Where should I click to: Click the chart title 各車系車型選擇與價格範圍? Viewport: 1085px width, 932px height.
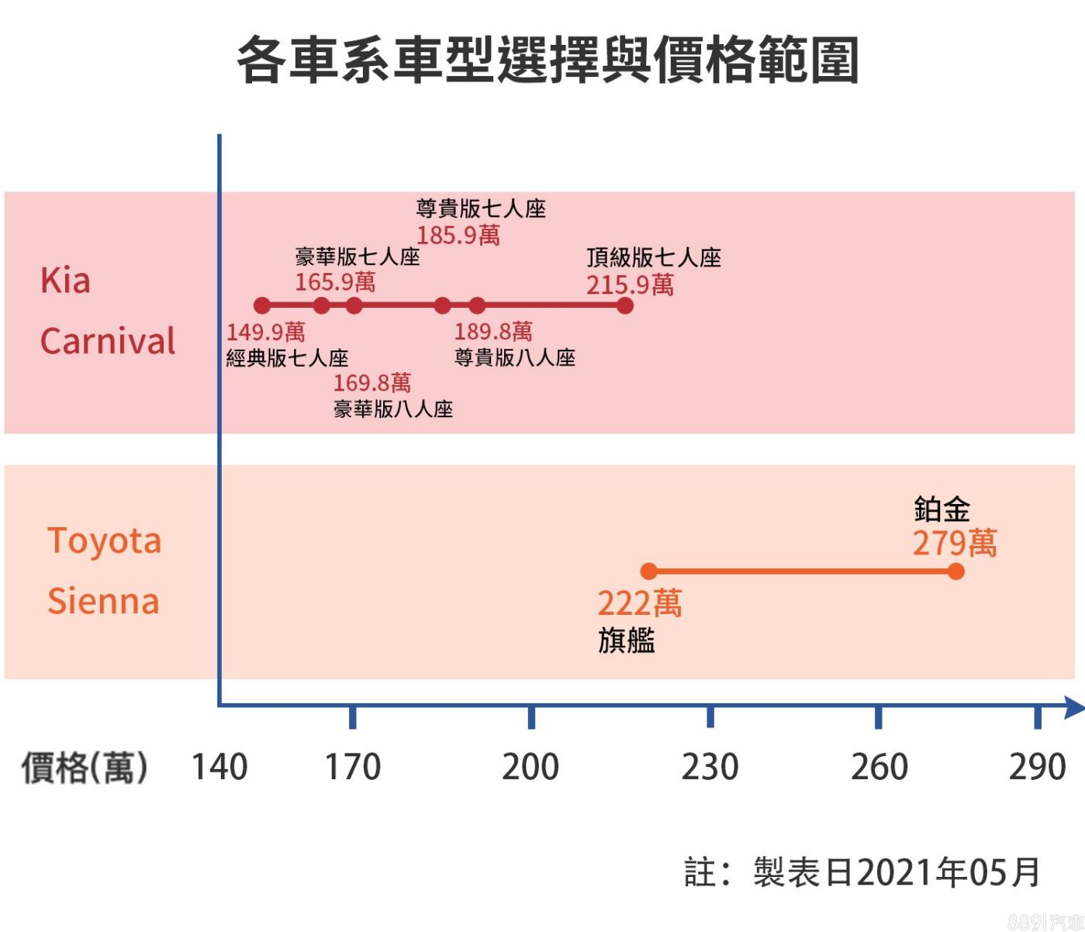pyautogui.click(x=548, y=60)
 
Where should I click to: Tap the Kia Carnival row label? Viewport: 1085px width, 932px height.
pyautogui.click(x=107, y=311)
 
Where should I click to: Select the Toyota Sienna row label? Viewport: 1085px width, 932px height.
pyautogui.click(x=104, y=571)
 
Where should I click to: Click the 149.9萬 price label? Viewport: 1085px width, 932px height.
pyautogui.click(x=265, y=333)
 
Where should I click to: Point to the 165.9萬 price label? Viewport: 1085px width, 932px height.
pyautogui.click(x=335, y=282)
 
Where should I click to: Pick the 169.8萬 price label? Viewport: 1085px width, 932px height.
pyautogui.click(x=371, y=383)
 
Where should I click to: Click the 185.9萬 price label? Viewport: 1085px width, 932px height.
pyautogui.click(x=458, y=235)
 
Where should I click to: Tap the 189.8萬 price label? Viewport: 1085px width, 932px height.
pyautogui.click(x=493, y=332)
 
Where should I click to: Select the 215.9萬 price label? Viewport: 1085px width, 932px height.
pyautogui.click(x=630, y=285)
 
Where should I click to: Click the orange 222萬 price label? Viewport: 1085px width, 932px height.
pyautogui.click(x=639, y=603)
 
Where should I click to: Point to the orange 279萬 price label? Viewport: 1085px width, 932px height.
pyautogui.click(x=954, y=544)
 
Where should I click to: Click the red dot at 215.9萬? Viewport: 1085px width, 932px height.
pyautogui.click(x=625, y=305)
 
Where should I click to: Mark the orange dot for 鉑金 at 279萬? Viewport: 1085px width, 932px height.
pyautogui.click(x=955, y=571)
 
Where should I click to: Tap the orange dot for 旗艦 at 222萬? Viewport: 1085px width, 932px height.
pyautogui.click(x=649, y=571)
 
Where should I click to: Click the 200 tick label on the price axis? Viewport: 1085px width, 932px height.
pyautogui.click(x=530, y=767)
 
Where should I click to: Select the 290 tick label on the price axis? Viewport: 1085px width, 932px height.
pyautogui.click(x=1037, y=767)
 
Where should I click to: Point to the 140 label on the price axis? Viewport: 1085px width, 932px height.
pyautogui.click(x=219, y=767)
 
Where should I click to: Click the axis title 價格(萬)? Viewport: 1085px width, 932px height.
pyautogui.click(x=84, y=768)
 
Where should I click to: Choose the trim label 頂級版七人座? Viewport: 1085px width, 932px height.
pyautogui.click(x=654, y=257)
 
